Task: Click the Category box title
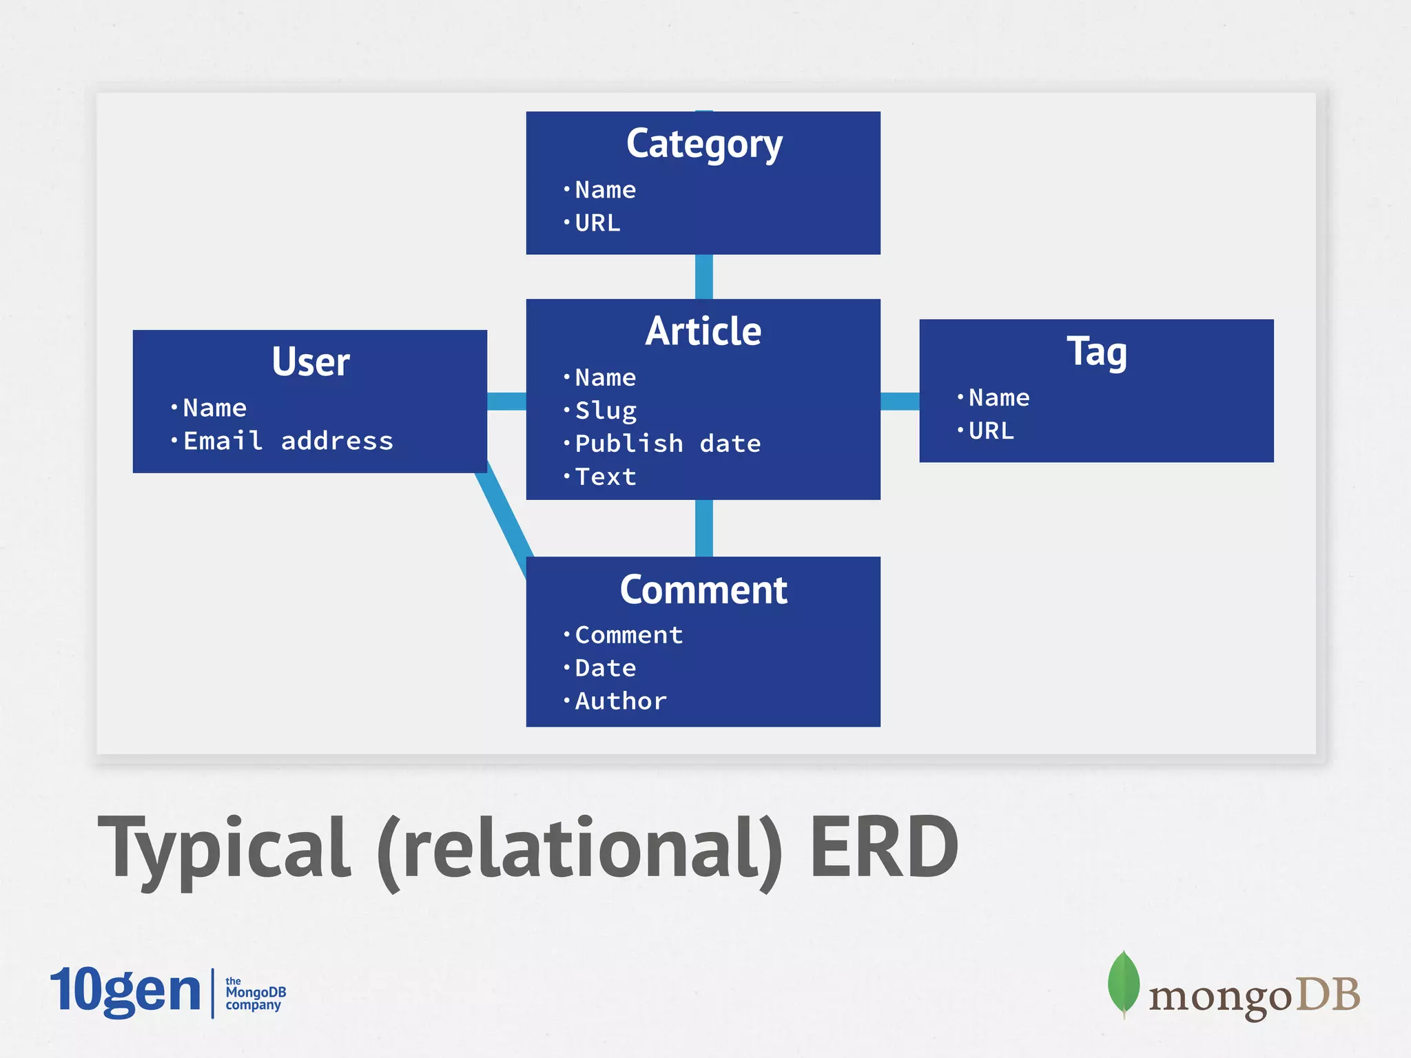pyautogui.click(x=703, y=144)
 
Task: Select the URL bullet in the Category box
pyautogui.click(x=597, y=223)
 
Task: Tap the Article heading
pyautogui.click(x=703, y=331)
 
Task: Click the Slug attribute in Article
pyautogui.click(x=606, y=411)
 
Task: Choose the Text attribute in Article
pyautogui.click(x=606, y=477)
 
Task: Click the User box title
pyautogui.click(x=310, y=362)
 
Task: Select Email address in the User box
pyautogui.click(x=288, y=441)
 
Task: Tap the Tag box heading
pyautogui.click(x=1096, y=352)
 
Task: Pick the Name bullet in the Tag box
pyautogui.click(x=998, y=398)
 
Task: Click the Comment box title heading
pyautogui.click(x=703, y=590)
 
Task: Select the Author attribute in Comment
pyautogui.click(x=621, y=701)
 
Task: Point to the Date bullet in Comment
pyautogui.click(x=606, y=668)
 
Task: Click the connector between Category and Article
pyautogui.click(x=703, y=276)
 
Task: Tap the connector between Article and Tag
pyautogui.click(x=900, y=401)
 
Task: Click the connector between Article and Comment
pyautogui.click(x=703, y=528)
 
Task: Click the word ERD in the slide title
pyautogui.click(x=883, y=847)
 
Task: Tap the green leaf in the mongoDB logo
pyautogui.click(x=1123, y=982)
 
